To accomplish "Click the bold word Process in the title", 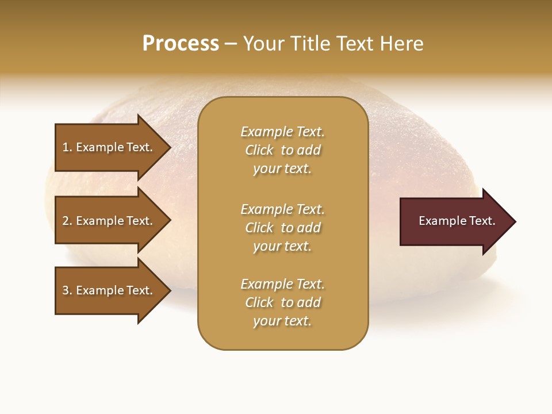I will [181, 44].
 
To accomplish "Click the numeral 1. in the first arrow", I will [67, 147].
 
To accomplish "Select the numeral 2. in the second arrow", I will [67, 221].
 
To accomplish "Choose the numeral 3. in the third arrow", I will [67, 290].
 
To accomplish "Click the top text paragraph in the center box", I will [282, 150].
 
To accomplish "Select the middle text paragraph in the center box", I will [282, 228].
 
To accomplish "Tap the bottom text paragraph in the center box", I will [282, 302].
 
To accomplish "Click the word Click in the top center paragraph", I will [259, 150].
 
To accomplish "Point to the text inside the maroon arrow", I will [457, 221].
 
